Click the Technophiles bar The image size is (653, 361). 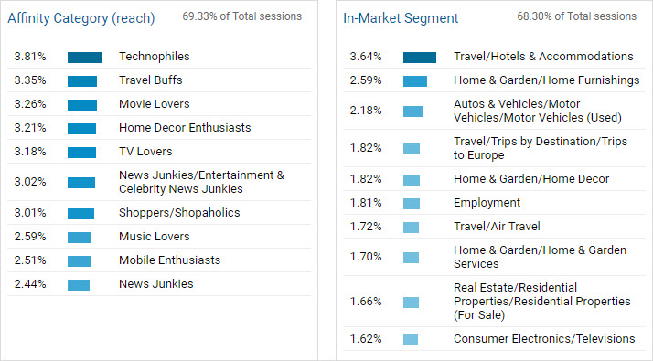84,57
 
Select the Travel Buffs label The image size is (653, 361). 151,80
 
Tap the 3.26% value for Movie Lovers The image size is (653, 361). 29,104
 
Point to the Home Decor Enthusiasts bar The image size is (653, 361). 81,128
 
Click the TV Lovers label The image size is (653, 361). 145,152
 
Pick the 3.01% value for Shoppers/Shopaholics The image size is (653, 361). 29,213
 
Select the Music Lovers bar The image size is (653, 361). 79,237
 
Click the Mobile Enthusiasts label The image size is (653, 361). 169,260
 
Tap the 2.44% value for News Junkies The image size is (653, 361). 29,284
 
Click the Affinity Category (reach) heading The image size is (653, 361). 80,18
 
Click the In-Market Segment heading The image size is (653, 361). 401,18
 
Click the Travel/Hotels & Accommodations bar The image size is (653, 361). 420,57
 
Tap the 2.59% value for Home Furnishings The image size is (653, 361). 365,80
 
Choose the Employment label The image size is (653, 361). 487,203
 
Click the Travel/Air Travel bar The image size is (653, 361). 412,227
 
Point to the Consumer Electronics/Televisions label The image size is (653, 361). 544,339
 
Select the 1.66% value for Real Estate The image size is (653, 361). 365,301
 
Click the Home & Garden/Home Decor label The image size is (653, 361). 531,179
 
